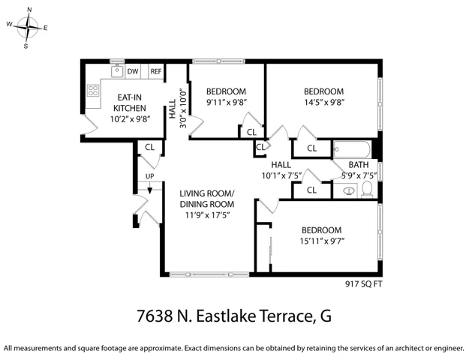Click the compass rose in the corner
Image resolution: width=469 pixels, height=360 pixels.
click(28, 28)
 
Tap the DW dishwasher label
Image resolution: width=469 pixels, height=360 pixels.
click(133, 71)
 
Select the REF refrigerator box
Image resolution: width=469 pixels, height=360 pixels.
click(156, 71)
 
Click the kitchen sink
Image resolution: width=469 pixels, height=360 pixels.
click(117, 71)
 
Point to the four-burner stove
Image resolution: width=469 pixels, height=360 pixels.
click(93, 91)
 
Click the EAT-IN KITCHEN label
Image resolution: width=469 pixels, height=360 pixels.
click(130, 103)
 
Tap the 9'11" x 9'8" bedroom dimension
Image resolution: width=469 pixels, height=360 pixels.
click(227, 103)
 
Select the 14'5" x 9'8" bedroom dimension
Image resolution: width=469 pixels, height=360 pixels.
click(324, 103)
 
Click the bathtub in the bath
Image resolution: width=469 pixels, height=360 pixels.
click(353, 149)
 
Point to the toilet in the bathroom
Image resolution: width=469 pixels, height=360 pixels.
click(367, 190)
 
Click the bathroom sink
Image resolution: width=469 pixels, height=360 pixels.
click(348, 190)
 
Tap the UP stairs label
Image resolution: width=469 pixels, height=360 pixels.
click(149, 176)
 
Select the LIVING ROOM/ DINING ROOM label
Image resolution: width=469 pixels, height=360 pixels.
click(207, 199)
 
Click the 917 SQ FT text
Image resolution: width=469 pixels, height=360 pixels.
click(363, 284)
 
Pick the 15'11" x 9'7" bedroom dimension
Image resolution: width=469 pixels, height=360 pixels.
click(322, 241)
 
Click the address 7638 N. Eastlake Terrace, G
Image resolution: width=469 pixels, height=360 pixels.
click(234, 316)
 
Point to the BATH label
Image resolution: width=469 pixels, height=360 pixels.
click(359, 165)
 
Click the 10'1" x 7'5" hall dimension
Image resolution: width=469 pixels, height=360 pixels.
click(281, 175)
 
